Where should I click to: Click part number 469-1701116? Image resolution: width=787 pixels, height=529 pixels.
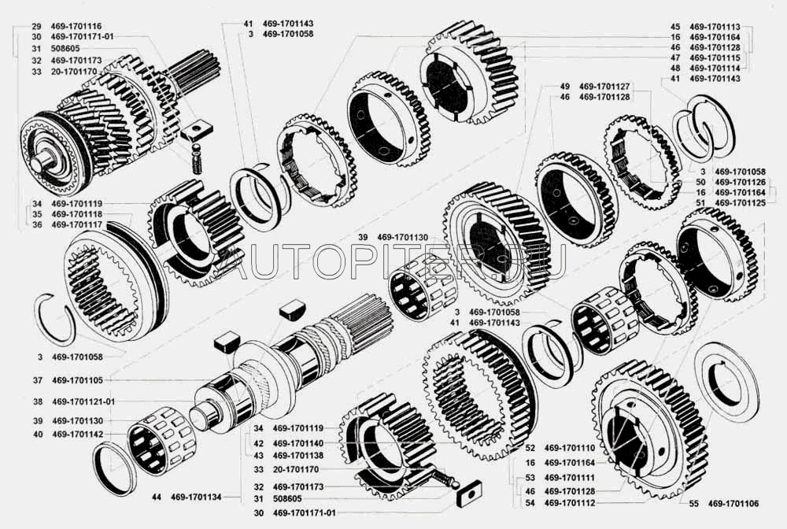coord(76,26)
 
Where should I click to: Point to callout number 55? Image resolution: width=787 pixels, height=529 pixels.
coord(693,503)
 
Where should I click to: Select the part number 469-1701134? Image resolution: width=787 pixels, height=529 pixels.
coord(196,497)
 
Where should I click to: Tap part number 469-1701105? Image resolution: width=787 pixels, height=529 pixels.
coord(77,380)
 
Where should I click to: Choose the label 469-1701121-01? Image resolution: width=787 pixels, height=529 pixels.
coord(83,401)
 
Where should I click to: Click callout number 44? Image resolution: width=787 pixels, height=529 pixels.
coord(157,497)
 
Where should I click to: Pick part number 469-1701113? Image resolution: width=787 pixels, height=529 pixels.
coord(715,27)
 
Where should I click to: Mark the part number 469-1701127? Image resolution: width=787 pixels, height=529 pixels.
coord(604,87)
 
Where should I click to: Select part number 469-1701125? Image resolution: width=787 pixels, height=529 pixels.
coord(741,203)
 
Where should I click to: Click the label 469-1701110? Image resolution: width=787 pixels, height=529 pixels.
coord(570,448)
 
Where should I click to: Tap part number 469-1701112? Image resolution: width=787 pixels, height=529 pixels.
coord(570,503)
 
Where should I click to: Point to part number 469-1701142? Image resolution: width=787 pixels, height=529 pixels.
coord(77,434)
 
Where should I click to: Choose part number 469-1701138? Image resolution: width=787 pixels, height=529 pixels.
coord(298,456)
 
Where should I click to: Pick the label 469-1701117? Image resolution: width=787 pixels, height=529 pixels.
coord(77,225)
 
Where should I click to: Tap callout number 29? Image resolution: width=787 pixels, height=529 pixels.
coord(36,26)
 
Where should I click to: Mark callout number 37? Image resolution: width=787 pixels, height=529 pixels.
coord(38,380)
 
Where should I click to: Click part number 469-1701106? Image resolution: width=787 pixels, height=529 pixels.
coord(733,503)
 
